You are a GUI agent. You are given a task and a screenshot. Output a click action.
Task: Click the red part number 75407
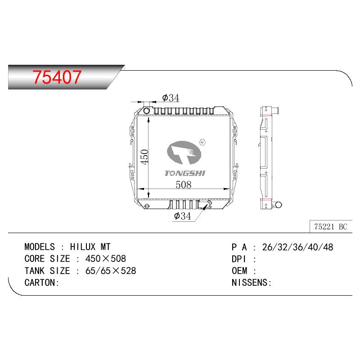click(x=57, y=76)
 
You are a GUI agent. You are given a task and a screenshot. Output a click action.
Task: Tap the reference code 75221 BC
click(x=330, y=227)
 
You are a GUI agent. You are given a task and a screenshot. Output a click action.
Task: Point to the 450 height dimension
click(x=144, y=157)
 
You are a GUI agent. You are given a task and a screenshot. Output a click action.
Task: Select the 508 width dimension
click(x=183, y=184)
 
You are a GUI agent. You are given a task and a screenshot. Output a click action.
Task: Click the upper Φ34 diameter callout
click(x=171, y=98)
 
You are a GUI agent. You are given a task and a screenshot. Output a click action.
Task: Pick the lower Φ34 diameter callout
click(x=183, y=216)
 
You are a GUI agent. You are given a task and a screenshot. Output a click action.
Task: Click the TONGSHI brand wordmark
click(x=185, y=173)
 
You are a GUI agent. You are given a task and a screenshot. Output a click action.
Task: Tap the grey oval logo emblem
click(x=184, y=153)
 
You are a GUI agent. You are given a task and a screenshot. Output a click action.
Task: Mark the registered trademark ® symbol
click(x=202, y=142)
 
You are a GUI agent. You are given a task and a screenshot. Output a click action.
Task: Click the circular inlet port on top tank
click(x=147, y=111)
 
